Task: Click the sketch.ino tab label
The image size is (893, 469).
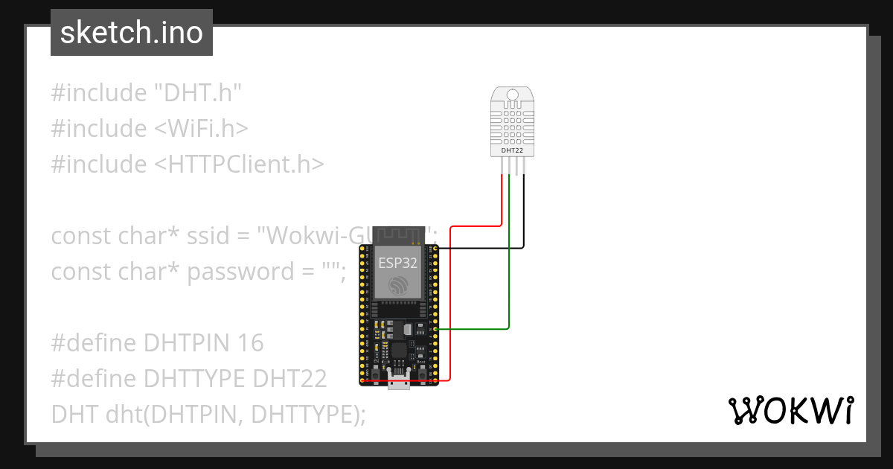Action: pyautogui.click(x=131, y=33)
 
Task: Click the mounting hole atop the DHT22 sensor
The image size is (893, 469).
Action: pyautogui.click(x=511, y=95)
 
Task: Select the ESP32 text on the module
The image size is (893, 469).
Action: pyautogui.click(x=397, y=263)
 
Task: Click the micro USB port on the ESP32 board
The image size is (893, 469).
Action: pyautogui.click(x=398, y=383)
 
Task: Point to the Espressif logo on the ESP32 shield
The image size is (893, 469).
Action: pyautogui.click(x=397, y=285)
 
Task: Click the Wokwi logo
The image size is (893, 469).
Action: pyautogui.click(x=790, y=410)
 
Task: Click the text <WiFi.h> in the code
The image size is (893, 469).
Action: pyautogui.click(x=201, y=129)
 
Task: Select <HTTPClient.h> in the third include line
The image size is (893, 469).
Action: pyautogui.click(x=239, y=164)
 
